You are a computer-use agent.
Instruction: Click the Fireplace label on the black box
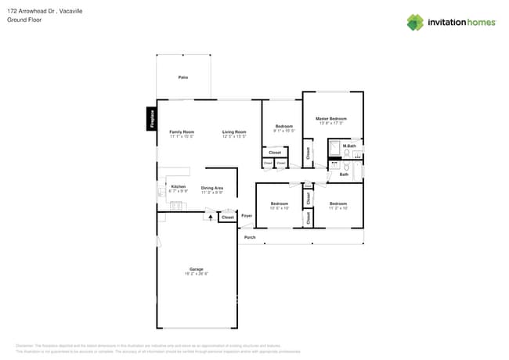(x=152, y=117)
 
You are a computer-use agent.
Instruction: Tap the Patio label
(x=183, y=77)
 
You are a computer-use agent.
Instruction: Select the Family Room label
(x=182, y=131)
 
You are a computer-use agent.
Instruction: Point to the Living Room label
(x=233, y=131)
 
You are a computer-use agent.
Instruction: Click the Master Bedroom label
(x=331, y=118)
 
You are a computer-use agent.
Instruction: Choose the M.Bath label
(x=349, y=146)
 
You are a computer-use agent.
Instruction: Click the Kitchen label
(x=178, y=186)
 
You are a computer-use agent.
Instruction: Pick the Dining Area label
(x=212, y=188)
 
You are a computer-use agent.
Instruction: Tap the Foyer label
(x=246, y=215)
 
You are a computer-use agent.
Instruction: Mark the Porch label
(x=250, y=237)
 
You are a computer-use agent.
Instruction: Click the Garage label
(x=196, y=269)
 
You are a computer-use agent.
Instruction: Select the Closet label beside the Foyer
(x=227, y=218)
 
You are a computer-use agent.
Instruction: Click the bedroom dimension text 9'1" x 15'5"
(x=283, y=131)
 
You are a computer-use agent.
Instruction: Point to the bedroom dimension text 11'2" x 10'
(x=338, y=207)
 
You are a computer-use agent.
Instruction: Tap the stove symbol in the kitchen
(x=176, y=205)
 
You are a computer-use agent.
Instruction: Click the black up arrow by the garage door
(x=209, y=217)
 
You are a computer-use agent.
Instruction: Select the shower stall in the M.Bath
(x=334, y=149)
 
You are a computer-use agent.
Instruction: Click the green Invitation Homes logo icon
(x=415, y=22)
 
